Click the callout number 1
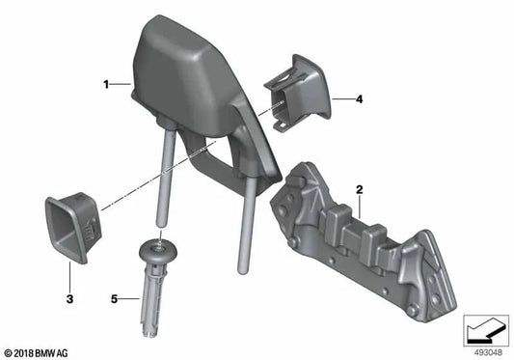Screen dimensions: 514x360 [x=106, y=85]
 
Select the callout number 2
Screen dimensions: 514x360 [x=360, y=190]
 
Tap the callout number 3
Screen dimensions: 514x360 [x=69, y=299]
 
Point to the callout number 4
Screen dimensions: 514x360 [x=360, y=99]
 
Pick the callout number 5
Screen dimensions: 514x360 [x=114, y=299]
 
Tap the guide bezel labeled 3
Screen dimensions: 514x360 [x=73, y=227]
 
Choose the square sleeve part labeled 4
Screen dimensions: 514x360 [x=297, y=94]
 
